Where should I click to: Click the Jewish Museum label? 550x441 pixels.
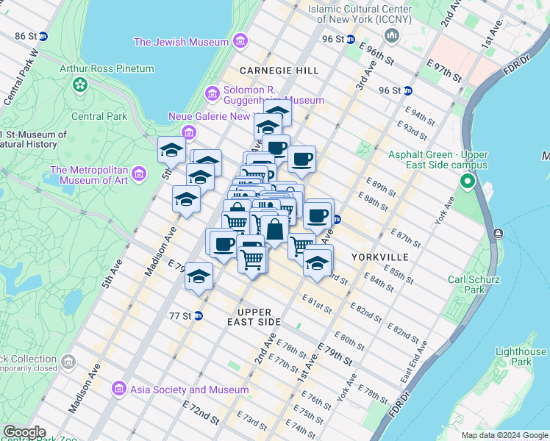181,42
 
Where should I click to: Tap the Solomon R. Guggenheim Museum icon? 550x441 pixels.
213,94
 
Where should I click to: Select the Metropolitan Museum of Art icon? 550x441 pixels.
138,173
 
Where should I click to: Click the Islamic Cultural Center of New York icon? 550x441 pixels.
392,35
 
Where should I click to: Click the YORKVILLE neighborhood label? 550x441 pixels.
379,257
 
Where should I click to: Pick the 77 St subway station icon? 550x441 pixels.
198,316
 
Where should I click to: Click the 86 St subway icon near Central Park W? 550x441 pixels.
43,36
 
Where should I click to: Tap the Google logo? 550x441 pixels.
24,432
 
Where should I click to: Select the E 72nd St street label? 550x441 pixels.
202,413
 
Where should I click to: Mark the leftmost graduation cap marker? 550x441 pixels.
171,151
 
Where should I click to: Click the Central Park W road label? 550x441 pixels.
19,78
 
